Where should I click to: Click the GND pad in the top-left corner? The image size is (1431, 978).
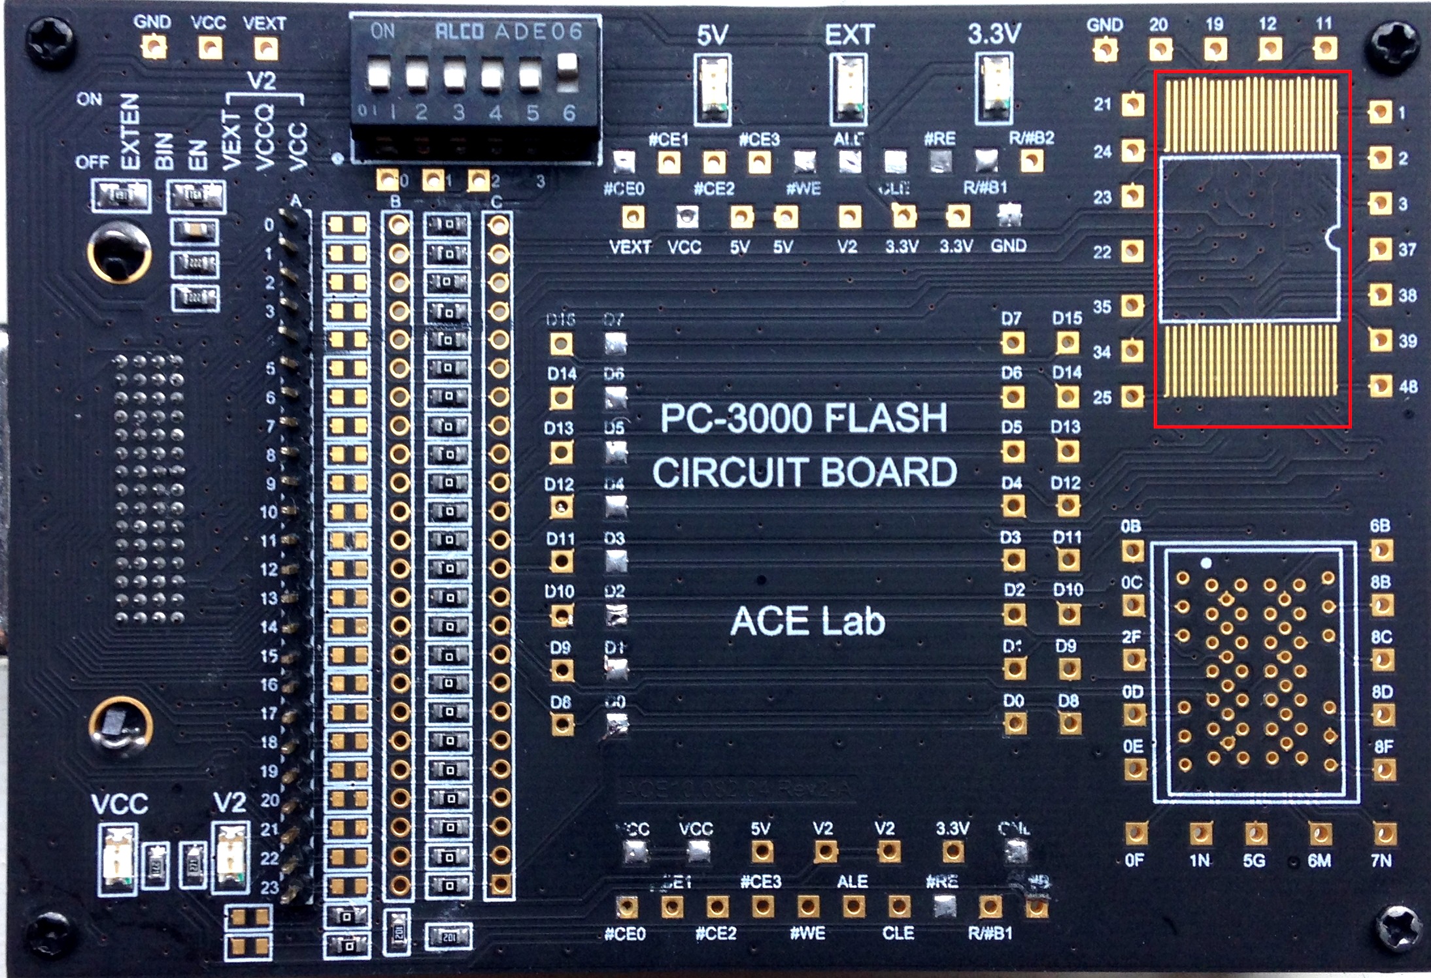[x=153, y=47]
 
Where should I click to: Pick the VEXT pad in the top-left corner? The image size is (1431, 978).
[x=265, y=48]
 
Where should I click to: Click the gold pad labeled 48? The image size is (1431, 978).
[x=1380, y=385]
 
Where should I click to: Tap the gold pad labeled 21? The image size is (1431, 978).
[x=1133, y=104]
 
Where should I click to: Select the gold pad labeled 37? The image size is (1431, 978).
[x=1380, y=249]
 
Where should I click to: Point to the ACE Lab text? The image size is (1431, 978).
[x=807, y=621]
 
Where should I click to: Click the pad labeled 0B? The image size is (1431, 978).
[x=1133, y=550]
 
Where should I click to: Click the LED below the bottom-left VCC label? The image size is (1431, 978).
[x=118, y=857]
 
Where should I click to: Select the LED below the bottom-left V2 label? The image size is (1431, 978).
[x=231, y=857]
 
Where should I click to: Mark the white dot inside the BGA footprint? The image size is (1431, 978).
[x=1207, y=562]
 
